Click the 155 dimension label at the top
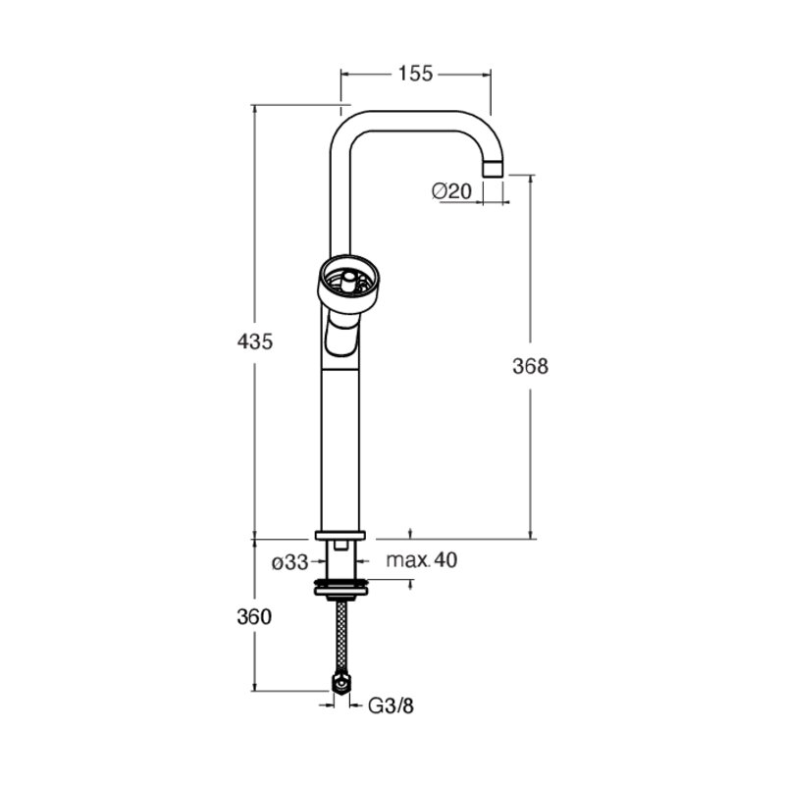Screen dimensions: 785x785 pyautogui.click(x=415, y=74)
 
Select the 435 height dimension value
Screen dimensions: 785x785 pyautogui.click(x=255, y=341)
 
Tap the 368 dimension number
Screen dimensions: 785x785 pyautogui.click(x=530, y=366)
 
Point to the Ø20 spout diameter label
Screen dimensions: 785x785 pyautogui.click(x=451, y=190)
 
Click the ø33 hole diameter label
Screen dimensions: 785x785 pyautogui.click(x=289, y=562)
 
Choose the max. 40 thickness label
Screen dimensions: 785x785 pyautogui.click(x=422, y=560)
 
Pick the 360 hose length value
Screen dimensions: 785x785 pyautogui.click(x=254, y=617)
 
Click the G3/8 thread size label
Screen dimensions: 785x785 pyautogui.click(x=391, y=706)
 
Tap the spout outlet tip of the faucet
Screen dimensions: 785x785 pyautogui.click(x=493, y=168)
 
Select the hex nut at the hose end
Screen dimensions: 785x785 pyautogui.click(x=341, y=683)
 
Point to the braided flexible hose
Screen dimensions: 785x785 pyautogui.click(x=341, y=635)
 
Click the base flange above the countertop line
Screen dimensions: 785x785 pyautogui.click(x=340, y=535)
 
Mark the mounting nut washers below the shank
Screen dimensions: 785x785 pyautogui.click(x=341, y=587)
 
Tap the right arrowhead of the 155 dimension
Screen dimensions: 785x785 pyautogui.click(x=486, y=75)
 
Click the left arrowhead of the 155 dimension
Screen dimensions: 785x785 pyautogui.click(x=346, y=75)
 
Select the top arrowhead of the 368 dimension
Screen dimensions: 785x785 pyautogui.click(x=530, y=181)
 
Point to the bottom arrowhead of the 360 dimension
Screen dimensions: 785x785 pyautogui.click(x=254, y=686)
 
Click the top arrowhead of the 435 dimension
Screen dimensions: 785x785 pyautogui.click(x=254, y=111)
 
